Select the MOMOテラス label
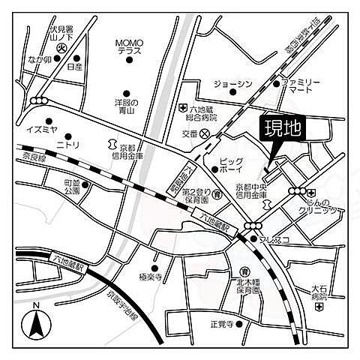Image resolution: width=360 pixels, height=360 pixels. point(129,46)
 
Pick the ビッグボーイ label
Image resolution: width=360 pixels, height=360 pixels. point(231,164)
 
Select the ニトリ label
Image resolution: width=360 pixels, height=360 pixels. point(67,144)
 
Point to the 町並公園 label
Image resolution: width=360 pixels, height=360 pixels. point(72,186)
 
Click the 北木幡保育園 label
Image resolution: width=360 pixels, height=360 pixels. point(244,286)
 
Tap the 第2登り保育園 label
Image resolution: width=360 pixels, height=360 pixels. point(198,196)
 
